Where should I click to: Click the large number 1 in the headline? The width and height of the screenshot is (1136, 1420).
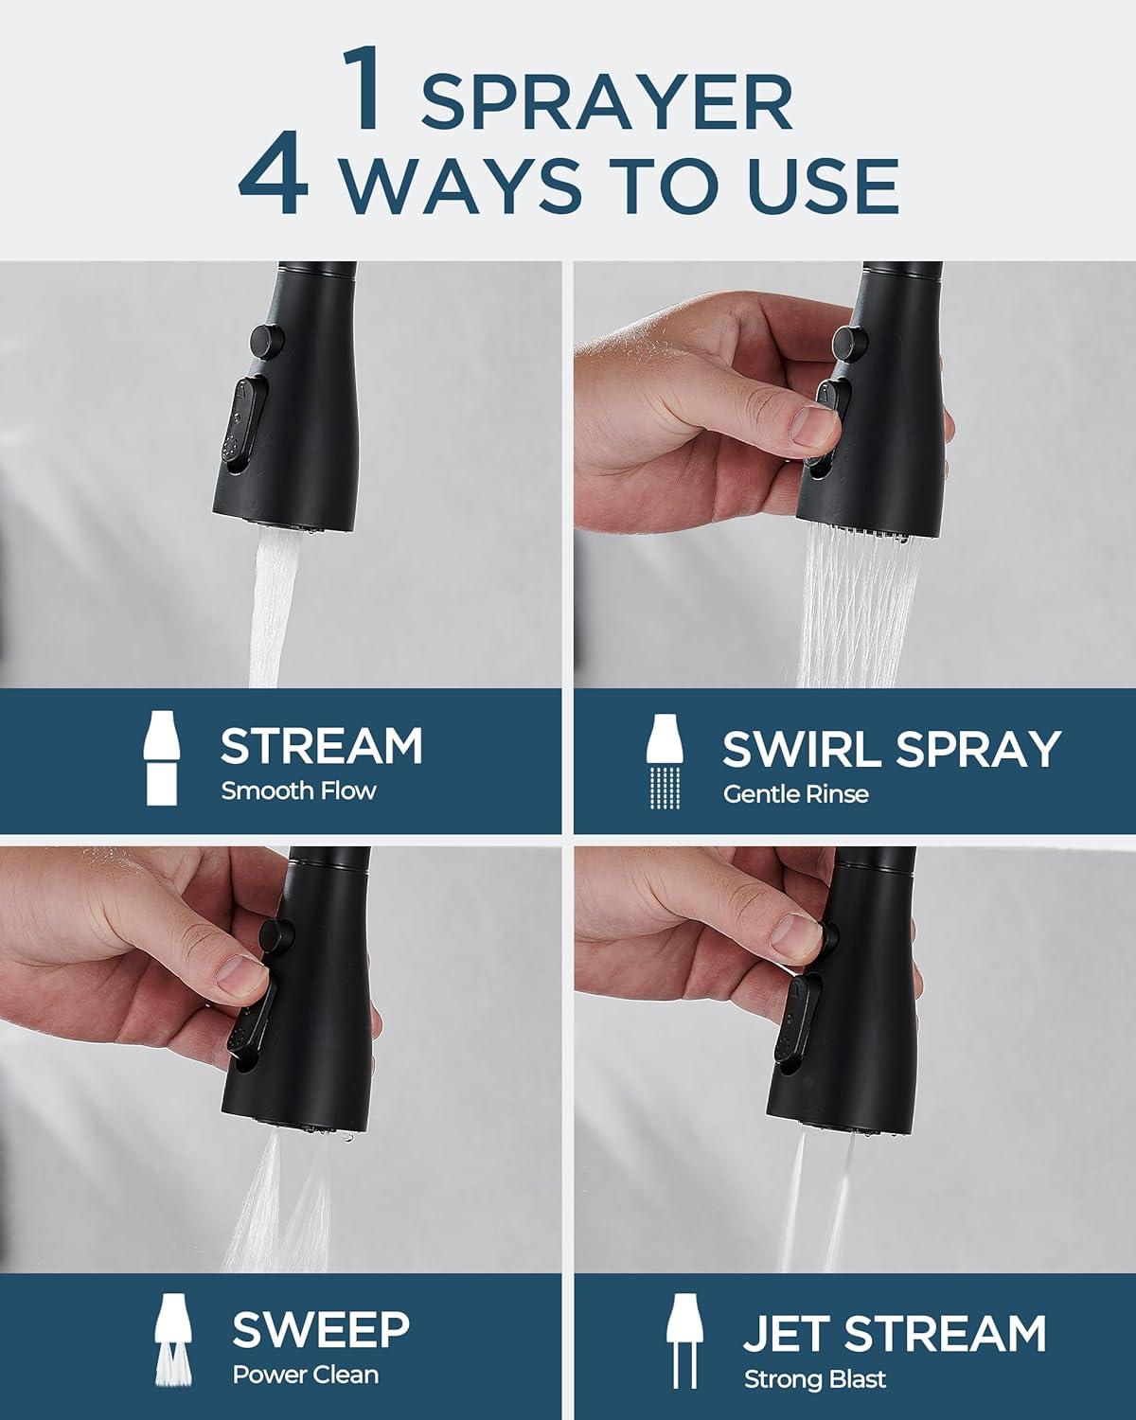click(363, 88)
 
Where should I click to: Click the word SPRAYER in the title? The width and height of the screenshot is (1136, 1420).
click(607, 101)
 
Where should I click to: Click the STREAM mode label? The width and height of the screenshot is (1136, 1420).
click(322, 746)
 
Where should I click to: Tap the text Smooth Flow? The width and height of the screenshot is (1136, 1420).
click(298, 790)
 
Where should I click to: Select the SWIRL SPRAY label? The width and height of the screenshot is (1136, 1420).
click(891, 749)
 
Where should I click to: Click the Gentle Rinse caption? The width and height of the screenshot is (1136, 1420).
click(795, 794)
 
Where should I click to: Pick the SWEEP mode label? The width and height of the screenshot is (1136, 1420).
click(321, 1329)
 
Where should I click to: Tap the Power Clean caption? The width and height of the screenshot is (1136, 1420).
click(306, 1375)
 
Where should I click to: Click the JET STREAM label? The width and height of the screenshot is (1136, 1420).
click(895, 1333)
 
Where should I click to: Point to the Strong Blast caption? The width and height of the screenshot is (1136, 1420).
click(814, 1378)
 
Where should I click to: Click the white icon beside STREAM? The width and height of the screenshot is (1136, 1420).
click(161, 758)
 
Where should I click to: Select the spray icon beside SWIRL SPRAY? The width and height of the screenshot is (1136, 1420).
click(665, 760)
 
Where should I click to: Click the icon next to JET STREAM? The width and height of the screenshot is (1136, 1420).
click(684, 1340)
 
